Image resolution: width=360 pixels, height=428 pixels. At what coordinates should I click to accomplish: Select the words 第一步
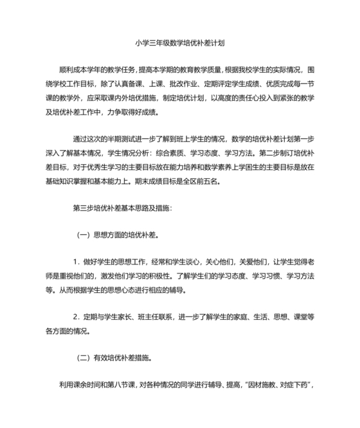(304, 139)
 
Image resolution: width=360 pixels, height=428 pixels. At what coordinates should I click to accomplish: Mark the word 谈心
(190, 261)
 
